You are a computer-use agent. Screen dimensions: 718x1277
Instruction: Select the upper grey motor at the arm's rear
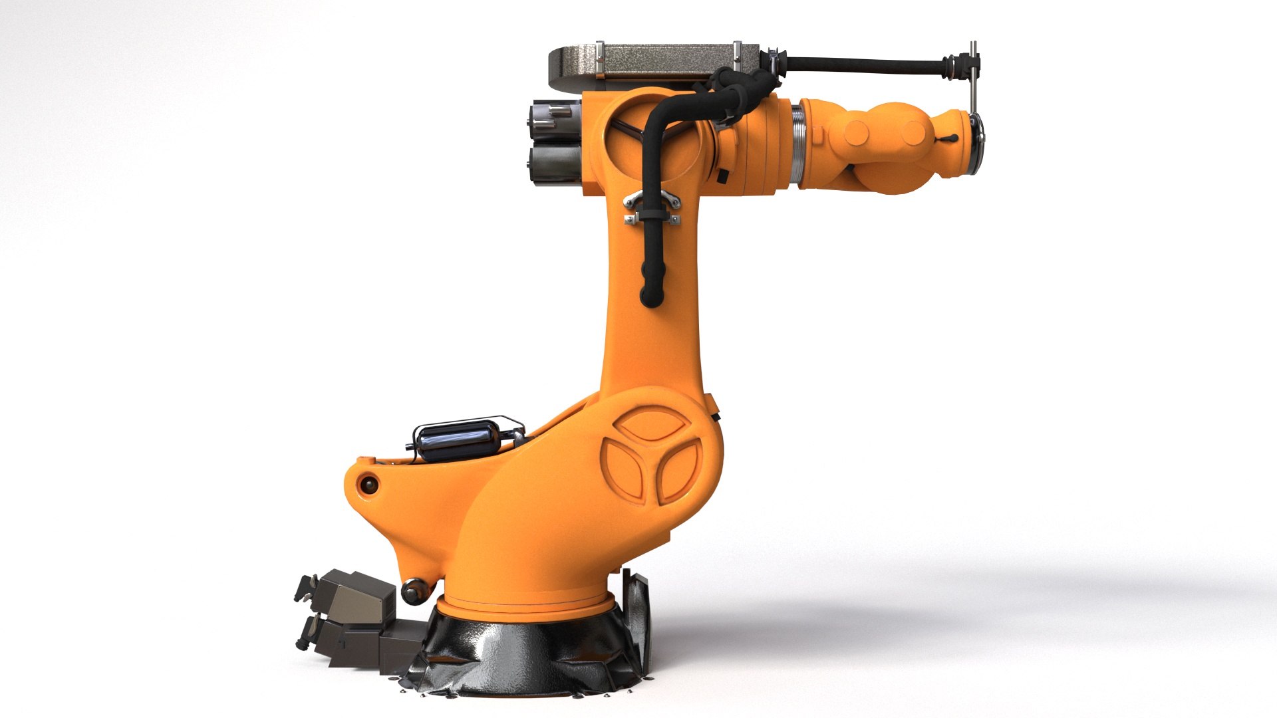556,120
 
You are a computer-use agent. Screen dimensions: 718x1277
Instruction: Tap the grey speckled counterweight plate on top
665,60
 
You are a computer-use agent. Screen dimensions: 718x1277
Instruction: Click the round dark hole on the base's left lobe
367,485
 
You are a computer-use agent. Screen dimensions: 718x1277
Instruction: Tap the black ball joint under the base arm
413,590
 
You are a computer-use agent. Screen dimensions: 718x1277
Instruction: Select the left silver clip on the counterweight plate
600,60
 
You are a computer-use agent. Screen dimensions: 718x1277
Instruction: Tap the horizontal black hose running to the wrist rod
865,66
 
